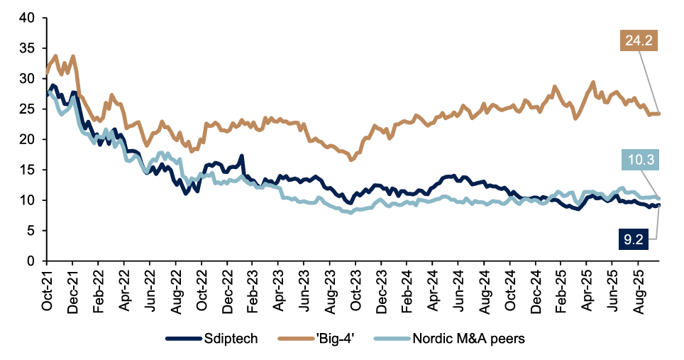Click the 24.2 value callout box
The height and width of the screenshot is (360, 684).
(x=637, y=42)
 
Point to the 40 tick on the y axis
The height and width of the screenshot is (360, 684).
(x=27, y=18)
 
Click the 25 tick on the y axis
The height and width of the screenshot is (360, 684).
(x=27, y=109)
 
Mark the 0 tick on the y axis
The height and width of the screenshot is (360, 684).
(x=31, y=261)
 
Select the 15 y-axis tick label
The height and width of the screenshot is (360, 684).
(x=27, y=170)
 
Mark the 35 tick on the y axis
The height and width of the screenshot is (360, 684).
(x=27, y=48)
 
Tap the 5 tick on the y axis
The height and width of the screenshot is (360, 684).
(x=31, y=231)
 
